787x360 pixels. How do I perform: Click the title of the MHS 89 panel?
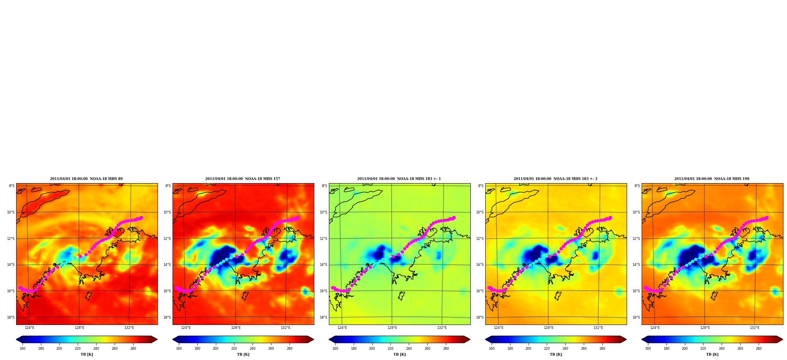86,179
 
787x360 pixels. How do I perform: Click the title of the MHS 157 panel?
243,179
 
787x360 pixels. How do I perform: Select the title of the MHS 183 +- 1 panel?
399,179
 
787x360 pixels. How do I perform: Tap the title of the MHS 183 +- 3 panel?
555,179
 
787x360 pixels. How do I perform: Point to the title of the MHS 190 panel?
712,179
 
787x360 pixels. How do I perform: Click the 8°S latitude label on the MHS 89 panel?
12,186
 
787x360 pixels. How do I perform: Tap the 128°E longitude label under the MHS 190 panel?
705,328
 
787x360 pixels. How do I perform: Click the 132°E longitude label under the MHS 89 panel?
129,328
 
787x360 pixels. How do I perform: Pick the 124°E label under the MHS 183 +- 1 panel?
342,328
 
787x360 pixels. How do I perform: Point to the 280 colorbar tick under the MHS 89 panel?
133,348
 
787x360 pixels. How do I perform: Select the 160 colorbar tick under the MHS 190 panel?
648,348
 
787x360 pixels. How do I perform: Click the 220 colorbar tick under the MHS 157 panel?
234,348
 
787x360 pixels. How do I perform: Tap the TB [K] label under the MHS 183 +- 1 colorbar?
399,354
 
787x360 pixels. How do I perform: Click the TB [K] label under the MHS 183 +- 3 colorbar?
556,354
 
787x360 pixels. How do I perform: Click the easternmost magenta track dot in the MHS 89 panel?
141,217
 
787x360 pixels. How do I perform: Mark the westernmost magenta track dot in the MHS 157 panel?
176,288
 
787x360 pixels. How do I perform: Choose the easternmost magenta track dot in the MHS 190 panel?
767,217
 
